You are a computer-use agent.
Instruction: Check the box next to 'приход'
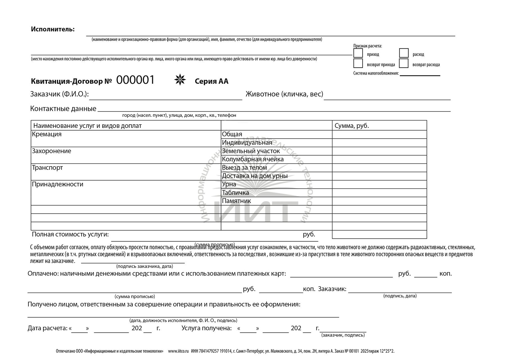358,53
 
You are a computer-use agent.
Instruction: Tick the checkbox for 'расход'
404,53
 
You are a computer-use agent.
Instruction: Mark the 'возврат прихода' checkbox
358,64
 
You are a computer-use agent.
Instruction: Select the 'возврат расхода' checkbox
404,64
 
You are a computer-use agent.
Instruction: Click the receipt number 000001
135,80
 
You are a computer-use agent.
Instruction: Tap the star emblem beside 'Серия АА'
180,80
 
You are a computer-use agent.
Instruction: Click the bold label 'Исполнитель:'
53,29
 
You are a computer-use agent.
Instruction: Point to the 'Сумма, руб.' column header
352,126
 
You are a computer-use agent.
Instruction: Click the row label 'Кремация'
47,134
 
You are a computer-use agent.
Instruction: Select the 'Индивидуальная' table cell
247,143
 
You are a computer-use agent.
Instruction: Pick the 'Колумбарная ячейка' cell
253,159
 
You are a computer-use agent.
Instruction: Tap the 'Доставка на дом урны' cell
254,176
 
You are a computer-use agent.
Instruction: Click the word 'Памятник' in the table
236,201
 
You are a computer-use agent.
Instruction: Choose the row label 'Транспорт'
47,168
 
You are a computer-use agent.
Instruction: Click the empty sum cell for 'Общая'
379,134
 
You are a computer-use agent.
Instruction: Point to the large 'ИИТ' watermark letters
252,211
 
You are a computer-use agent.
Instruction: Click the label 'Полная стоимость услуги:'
70,234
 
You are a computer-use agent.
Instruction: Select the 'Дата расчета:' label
47,328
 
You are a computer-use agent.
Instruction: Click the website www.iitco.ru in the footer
178,351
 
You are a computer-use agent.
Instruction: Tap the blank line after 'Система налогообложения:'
420,74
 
